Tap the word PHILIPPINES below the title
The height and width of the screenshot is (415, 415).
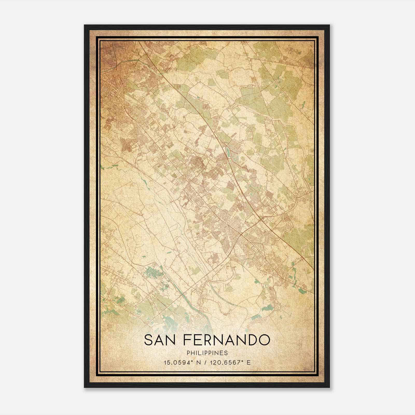point(207,353)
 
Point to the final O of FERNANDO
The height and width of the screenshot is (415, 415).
point(264,340)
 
